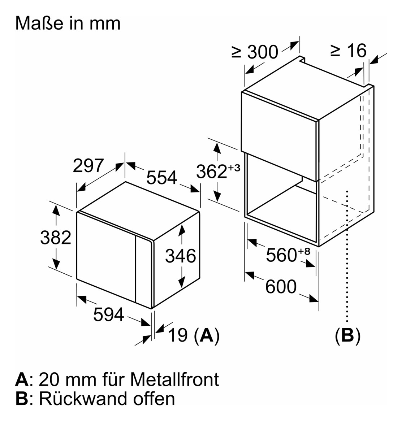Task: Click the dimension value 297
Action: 88,166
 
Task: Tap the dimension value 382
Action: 56,237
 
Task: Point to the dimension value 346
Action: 180,256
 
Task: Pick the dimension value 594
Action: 108,314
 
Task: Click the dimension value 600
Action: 281,287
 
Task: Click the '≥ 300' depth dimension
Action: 255,52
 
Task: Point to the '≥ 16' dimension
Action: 348,51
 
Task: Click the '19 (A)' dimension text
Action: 194,335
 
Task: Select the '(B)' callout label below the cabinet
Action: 347,335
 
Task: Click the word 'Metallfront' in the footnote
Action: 174,379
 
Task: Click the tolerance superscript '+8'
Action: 304,251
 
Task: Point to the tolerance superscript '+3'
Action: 234,167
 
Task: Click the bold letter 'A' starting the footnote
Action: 22,379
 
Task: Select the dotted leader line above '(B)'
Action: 347,253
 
